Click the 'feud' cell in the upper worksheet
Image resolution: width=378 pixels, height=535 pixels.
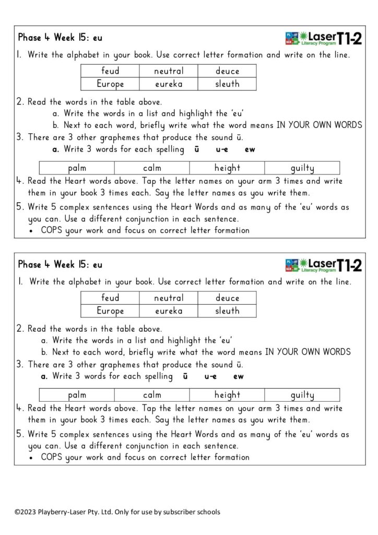(x=110, y=71)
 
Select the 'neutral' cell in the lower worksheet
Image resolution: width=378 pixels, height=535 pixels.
(x=169, y=298)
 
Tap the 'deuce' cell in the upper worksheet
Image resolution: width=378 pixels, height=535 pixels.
(x=227, y=71)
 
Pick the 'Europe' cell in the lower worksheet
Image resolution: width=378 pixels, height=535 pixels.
(x=110, y=311)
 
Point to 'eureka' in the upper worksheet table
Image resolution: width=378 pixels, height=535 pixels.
(x=169, y=84)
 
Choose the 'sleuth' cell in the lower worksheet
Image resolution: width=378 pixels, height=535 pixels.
(x=227, y=311)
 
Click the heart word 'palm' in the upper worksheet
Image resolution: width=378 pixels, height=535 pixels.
(x=77, y=168)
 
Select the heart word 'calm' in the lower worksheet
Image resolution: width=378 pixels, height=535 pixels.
(x=152, y=395)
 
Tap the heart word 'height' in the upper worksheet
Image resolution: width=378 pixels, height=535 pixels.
(x=227, y=168)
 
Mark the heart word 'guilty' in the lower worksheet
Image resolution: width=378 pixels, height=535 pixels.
(x=302, y=395)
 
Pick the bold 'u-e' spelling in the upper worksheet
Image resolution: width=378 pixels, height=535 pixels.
(x=221, y=150)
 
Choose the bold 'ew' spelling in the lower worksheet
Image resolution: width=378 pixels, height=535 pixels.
(x=238, y=376)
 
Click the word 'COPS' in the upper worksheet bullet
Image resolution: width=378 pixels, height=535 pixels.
(x=51, y=230)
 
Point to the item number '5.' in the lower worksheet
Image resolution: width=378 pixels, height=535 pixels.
(x=20, y=434)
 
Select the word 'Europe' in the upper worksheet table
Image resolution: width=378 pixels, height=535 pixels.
(x=110, y=84)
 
